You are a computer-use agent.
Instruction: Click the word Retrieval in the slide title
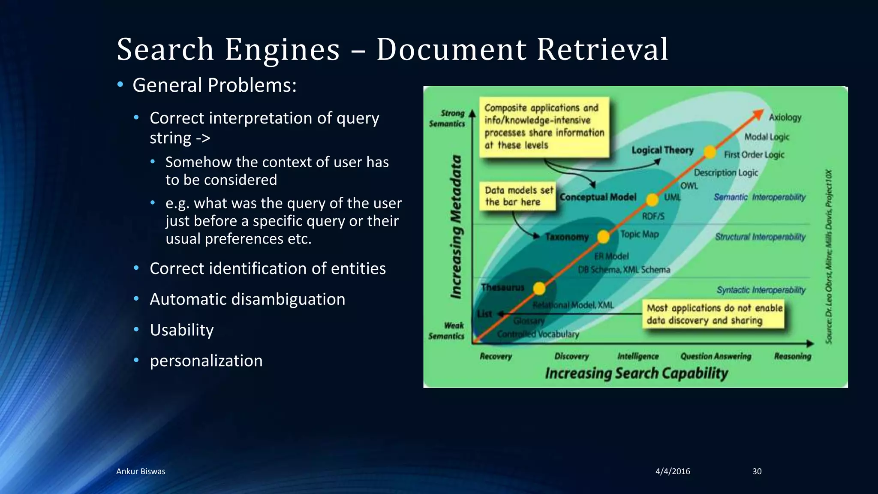[602, 49]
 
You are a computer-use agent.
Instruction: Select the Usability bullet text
[181, 330]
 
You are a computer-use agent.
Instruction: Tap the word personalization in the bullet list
[206, 361]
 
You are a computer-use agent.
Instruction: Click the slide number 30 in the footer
[757, 471]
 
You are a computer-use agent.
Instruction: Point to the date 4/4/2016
[673, 471]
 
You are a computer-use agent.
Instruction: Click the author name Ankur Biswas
[141, 471]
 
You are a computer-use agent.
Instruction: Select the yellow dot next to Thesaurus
[539, 289]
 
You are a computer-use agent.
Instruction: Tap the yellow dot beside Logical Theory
[710, 152]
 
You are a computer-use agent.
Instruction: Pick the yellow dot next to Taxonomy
[603, 236]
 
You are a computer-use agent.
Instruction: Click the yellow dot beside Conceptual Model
[652, 199]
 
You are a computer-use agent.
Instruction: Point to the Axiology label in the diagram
[785, 117]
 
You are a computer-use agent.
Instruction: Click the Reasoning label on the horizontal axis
[792, 356]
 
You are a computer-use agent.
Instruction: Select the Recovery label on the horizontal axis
[496, 356]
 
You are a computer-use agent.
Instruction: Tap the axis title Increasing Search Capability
[636, 373]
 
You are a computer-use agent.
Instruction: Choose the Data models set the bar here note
[517, 196]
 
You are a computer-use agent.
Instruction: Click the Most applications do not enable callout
[713, 314]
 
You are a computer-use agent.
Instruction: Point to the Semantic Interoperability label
[759, 197]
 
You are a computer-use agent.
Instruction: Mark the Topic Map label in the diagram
[639, 234]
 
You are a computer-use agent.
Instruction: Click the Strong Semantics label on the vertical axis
[448, 118]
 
